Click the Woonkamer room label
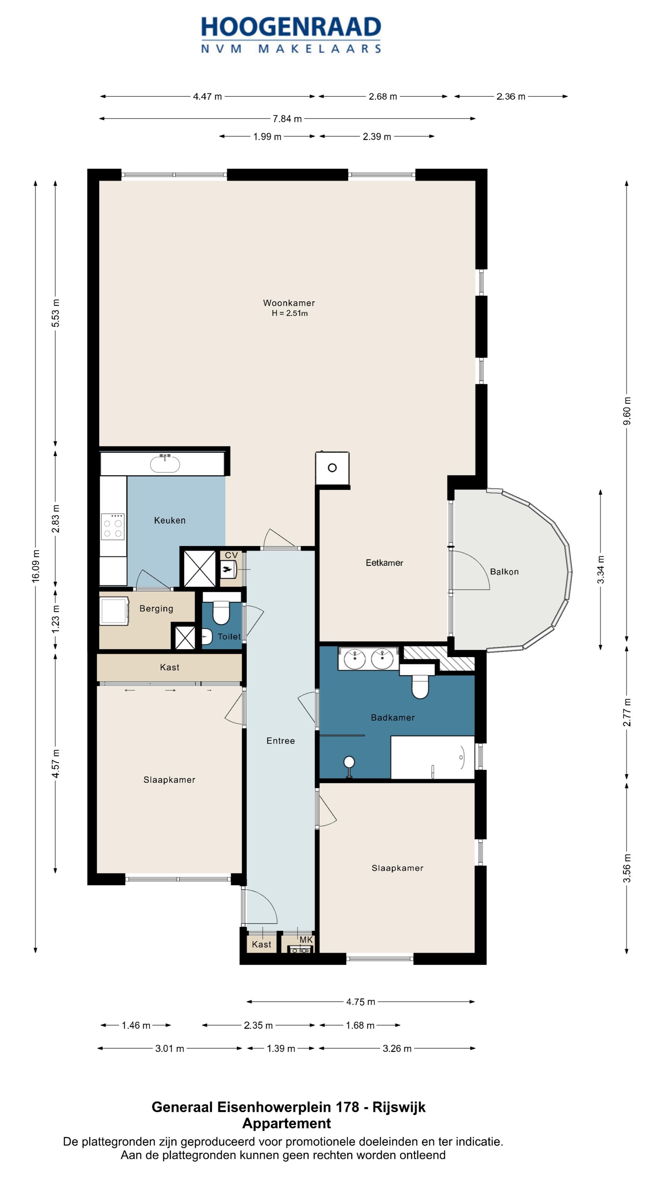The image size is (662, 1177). coord(289,303)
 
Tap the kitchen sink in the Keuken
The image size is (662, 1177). coord(165,464)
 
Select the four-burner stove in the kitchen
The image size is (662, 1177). coord(113,527)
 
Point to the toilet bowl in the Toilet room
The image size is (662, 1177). coord(221,611)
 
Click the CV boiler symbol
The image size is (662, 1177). coord(227,569)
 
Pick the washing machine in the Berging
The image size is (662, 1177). coord(114,611)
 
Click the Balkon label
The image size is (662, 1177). coord(504,572)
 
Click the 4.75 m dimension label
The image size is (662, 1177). coord(360,1002)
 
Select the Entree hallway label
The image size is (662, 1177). coord(280,741)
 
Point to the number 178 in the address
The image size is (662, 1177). coord(347,1107)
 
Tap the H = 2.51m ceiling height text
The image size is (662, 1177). coord(290,313)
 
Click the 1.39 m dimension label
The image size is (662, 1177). coord(281,1049)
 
